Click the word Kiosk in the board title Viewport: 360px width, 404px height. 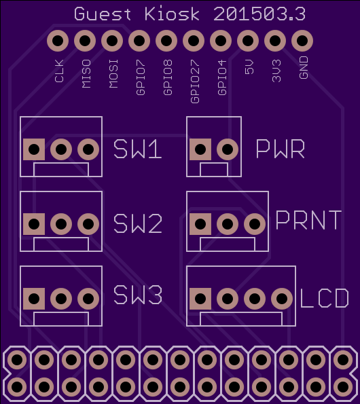(x=172, y=14)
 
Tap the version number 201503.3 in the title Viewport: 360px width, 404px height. (x=259, y=14)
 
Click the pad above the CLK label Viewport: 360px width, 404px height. (x=58, y=41)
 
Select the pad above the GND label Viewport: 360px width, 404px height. (x=302, y=41)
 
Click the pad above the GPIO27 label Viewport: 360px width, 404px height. (x=194, y=41)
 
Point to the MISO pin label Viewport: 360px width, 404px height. (x=86, y=74)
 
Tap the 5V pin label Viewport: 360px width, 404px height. (x=249, y=67)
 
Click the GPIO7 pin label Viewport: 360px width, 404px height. (x=141, y=77)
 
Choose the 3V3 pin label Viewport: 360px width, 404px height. (x=276, y=71)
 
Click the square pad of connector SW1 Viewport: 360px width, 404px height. (x=34, y=149)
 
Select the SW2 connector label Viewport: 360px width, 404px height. (x=138, y=223)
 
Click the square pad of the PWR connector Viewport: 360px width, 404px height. (x=200, y=149)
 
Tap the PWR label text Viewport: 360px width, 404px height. (x=281, y=149)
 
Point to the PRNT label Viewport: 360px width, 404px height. (x=309, y=220)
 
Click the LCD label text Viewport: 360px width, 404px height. (x=325, y=298)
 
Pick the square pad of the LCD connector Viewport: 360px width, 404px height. (x=200, y=299)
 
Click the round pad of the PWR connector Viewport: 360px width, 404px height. (x=228, y=149)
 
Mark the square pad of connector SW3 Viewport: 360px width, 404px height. (x=34, y=299)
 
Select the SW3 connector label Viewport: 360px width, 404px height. (x=138, y=295)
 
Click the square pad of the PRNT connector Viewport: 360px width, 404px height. (x=200, y=224)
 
